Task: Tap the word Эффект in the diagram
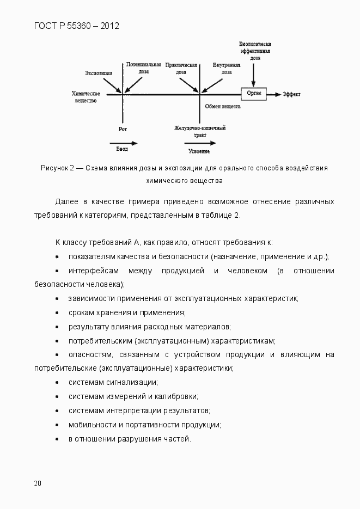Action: [x=291, y=95]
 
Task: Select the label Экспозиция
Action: [x=99, y=73]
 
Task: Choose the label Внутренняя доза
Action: [x=227, y=68]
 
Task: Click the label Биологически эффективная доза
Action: [x=255, y=50]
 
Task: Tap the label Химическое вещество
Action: [x=86, y=97]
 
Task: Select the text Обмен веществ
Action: [x=223, y=107]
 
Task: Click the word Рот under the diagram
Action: [x=123, y=130]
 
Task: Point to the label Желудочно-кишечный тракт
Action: [x=200, y=131]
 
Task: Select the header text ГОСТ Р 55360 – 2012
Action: [x=77, y=26]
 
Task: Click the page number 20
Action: [x=37, y=483]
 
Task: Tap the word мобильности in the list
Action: [x=89, y=425]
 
